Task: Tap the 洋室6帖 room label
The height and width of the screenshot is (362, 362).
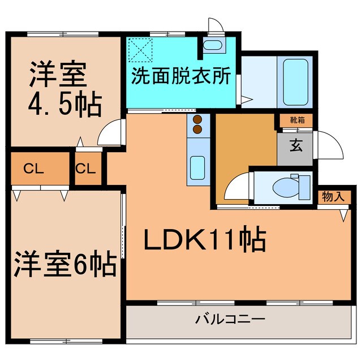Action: [65, 263]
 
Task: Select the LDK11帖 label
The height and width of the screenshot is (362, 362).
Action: [204, 240]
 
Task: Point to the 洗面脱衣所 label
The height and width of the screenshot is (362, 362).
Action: [181, 76]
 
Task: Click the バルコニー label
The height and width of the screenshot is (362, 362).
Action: [230, 320]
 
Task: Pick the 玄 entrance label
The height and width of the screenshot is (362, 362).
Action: [296, 146]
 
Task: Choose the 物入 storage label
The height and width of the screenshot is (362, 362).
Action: [333, 196]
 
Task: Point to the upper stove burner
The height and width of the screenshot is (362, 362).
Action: [198, 120]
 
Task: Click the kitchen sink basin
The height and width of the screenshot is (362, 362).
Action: [199, 166]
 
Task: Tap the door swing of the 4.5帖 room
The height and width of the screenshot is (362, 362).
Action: [109, 133]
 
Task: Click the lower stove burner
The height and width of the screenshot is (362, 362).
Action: [198, 129]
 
